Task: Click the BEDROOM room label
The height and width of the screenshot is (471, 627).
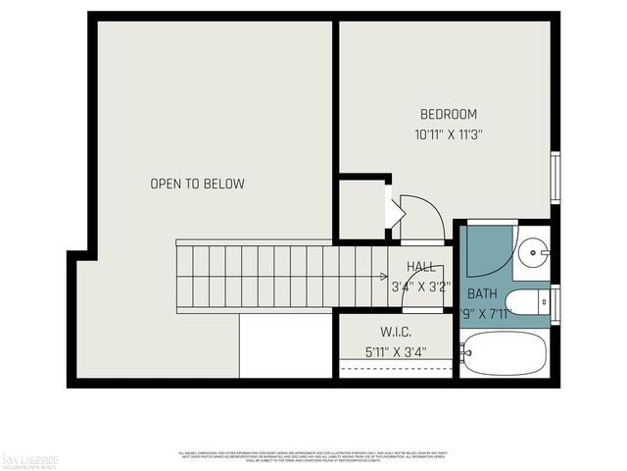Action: tap(448, 113)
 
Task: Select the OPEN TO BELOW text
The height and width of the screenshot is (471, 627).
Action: tap(197, 183)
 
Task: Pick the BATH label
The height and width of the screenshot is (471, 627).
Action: tap(481, 293)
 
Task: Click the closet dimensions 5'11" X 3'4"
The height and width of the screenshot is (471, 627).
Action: tap(395, 350)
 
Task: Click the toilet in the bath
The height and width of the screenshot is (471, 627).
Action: tap(529, 302)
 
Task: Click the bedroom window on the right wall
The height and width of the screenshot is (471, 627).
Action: tap(555, 179)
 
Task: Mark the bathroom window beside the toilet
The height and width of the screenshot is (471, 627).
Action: tap(555, 301)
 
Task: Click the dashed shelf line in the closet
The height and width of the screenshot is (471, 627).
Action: tap(396, 368)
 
